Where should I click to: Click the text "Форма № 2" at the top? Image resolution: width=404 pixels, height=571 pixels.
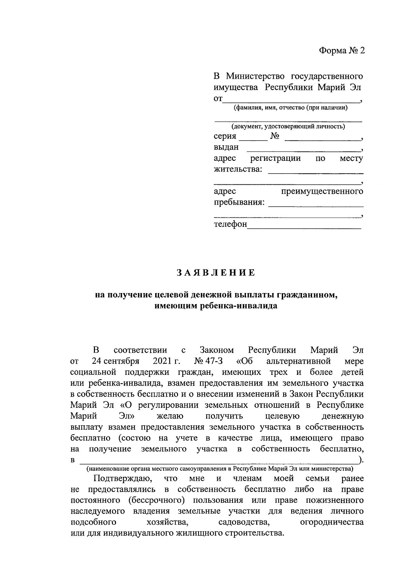(x=342, y=50)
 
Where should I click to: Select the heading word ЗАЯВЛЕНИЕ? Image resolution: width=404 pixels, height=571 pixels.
(x=216, y=273)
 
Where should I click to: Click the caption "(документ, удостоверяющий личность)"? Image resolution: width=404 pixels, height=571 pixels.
(x=288, y=127)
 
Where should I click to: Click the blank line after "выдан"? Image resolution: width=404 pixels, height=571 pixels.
(x=303, y=148)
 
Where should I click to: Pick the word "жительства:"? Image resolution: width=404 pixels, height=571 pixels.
(x=238, y=169)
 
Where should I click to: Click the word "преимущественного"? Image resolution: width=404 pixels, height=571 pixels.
(x=322, y=191)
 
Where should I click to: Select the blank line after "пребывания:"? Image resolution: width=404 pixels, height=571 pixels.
(x=315, y=204)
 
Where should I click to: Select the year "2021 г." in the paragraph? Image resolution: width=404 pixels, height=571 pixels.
(x=167, y=361)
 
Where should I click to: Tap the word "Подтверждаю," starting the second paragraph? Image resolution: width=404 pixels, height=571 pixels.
(x=119, y=478)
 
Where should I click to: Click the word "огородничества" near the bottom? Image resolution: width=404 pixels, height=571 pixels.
(x=331, y=522)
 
